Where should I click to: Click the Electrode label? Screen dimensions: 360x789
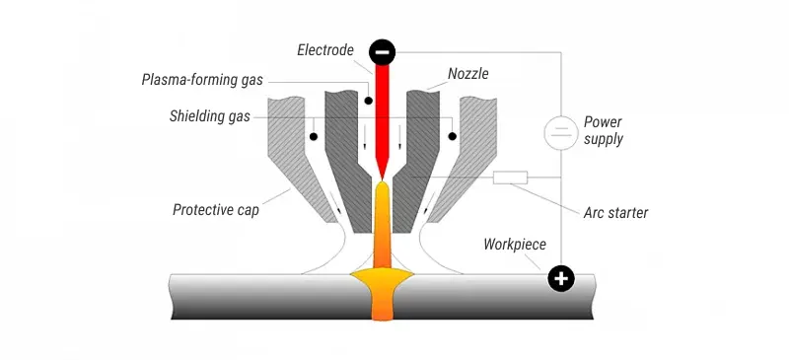325,48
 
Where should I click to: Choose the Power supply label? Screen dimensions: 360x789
603,130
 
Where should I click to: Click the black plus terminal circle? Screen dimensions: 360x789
561,279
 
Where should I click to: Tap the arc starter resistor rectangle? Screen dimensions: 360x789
510,178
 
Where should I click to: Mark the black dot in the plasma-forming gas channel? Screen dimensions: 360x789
366,100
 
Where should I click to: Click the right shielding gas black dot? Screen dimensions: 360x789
452,134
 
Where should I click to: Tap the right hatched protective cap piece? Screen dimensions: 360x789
479,148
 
